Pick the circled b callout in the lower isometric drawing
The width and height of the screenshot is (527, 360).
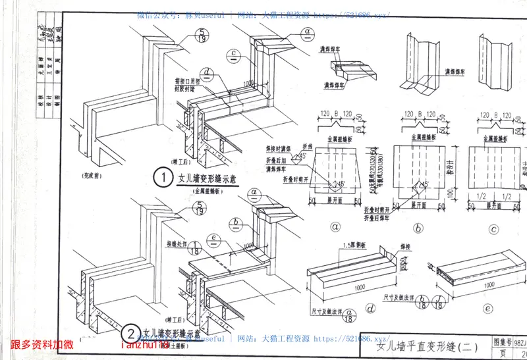click(235, 223)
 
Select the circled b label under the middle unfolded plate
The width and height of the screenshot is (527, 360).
click(419, 228)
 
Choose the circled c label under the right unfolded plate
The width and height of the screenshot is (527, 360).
click(493, 228)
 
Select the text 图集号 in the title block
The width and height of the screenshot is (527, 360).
click(503, 344)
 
